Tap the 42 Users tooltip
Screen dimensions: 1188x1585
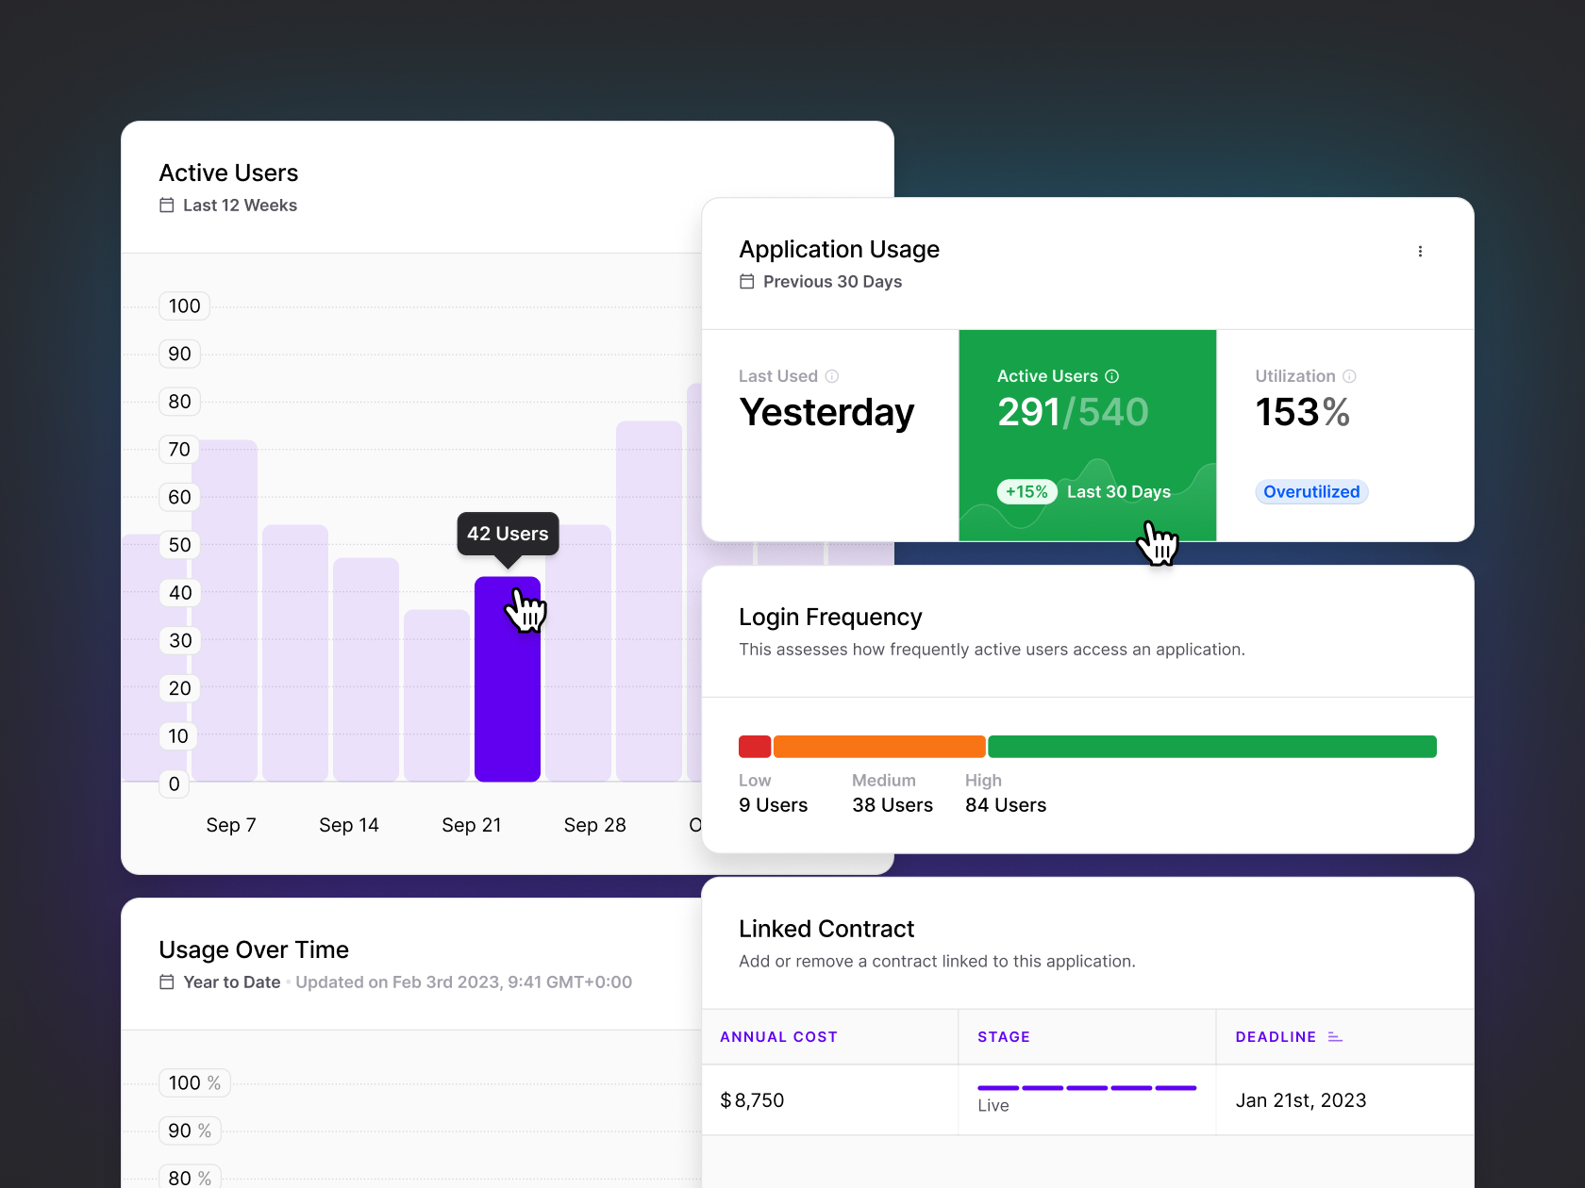[x=508, y=534]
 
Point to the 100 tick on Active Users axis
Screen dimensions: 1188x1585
[x=184, y=305]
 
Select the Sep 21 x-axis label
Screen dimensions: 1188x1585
[x=471, y=825]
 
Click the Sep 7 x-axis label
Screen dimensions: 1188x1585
[x=231, y=825]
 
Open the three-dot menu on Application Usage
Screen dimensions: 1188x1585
[x=1420, y=251]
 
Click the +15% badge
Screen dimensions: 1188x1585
[x=1026, y=491]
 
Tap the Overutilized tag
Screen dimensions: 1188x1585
[x=1310, y=491]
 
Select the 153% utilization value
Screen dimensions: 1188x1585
[x=1301, y=412]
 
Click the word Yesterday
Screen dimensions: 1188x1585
[x=826, y=412]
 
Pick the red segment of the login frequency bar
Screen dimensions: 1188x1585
[x=755, y=747]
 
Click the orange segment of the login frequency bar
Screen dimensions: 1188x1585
[x=879, y=747]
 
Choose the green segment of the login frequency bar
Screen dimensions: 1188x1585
[x=1211, y=747]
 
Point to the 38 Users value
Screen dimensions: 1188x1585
[x=892, y=805]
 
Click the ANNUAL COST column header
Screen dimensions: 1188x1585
[x=778, y=1037]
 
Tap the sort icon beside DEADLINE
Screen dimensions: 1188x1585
[x=1335, y=1037]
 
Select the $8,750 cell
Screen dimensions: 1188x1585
[x=752, y=1100]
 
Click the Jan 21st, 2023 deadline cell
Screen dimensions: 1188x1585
[x=1300, y=1100]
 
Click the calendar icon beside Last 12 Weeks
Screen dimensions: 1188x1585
[x=167, y=205]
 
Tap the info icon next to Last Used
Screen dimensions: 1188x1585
[x=831, y=376]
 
